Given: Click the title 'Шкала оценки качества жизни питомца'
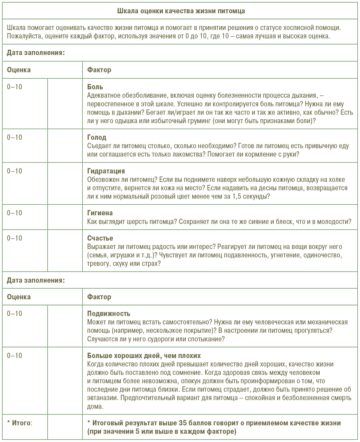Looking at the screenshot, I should pyautogui.click(x=180, y=10).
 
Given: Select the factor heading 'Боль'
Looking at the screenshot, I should pyautogui.click(x=95, y=87).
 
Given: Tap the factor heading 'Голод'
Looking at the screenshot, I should pyautogui.click(x=97, y=137).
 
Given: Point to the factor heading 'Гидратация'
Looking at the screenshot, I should pyautogui.click(x=106, y=171).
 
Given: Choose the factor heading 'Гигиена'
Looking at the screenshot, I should pyautogui.click(x=100, y=213).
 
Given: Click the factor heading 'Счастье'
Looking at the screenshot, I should pyautogui.click(x=100, y=238).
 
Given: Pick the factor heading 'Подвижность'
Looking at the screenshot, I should pyautogui.click(x=109, y=313).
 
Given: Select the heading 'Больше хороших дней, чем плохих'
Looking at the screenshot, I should pyautogui.click(x=144, y=355).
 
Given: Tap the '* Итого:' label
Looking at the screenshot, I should pyautogui.click(x=20, y=423).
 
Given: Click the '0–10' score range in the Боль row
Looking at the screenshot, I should pyautogui.click(x=15, y=87).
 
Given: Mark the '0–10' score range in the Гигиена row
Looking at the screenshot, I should pyautogui.click(x=15, y=213).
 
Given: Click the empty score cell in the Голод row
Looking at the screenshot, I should pyautogui.click(x=65, y=145).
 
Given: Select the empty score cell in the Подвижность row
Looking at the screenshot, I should pyautogui.click(x=65, y=326).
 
